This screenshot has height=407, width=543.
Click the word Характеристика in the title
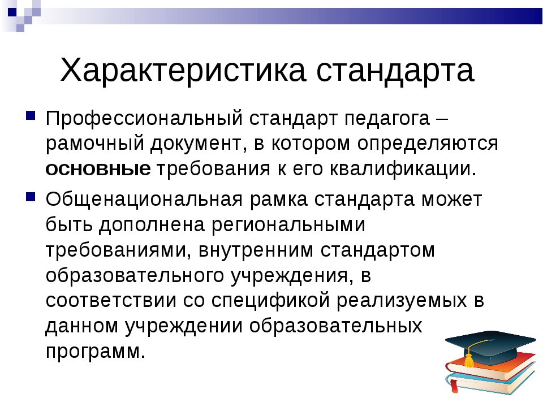(x=183, y=70)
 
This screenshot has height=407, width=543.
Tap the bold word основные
(x=98, y=169)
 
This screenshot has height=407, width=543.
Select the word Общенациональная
(x=144, y=200)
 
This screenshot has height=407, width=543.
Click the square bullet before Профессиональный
(x=31, y=115)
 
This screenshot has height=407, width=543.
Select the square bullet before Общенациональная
(x=31, y=196)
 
